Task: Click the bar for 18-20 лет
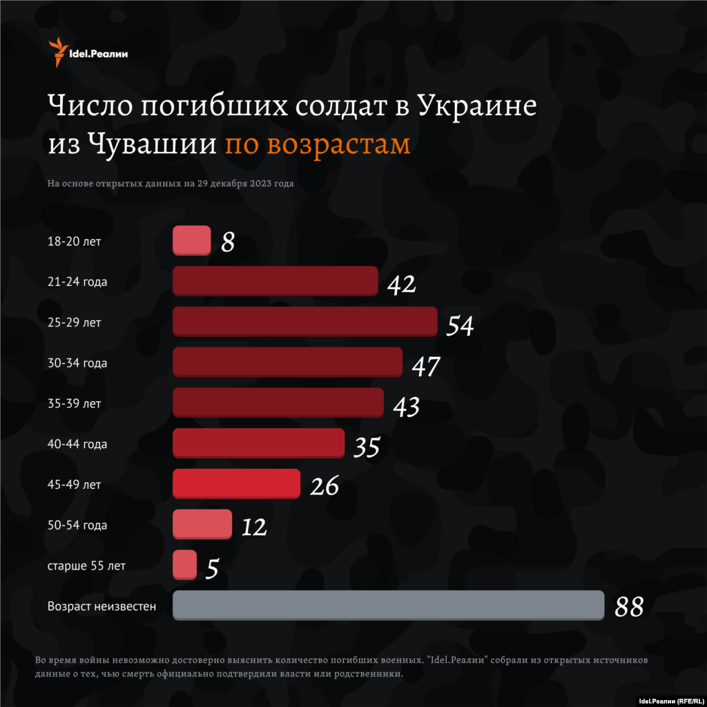(191, 240)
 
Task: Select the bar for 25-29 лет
(304, 322)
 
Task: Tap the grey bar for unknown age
(388, 605)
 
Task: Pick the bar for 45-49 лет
(236, 483)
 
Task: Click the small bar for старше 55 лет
(184, 565)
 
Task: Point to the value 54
(460, 325)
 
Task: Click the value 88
(629, 607)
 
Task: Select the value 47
(425, 366)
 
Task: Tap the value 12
(254, 527)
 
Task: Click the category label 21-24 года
(77, 282)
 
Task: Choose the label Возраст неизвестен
(101, 607)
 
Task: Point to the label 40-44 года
(77, 444)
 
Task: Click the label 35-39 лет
(75, 403)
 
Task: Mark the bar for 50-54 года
(202, 524)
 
